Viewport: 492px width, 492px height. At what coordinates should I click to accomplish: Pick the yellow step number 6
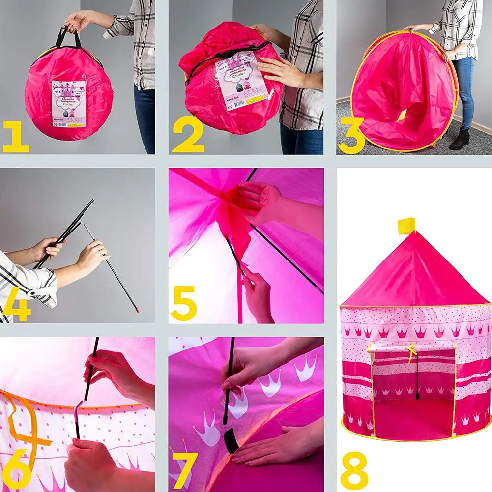click(17, 470)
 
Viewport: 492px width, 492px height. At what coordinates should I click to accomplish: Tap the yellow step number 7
click(184, 470)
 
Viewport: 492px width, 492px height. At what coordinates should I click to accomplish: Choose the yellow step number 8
click(354, 470)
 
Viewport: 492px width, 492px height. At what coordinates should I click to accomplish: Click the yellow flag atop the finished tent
click(406, 226)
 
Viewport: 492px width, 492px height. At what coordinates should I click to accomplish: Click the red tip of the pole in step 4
click(137, 310)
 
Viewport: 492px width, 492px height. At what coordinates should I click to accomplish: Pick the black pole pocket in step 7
click(231, 440)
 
